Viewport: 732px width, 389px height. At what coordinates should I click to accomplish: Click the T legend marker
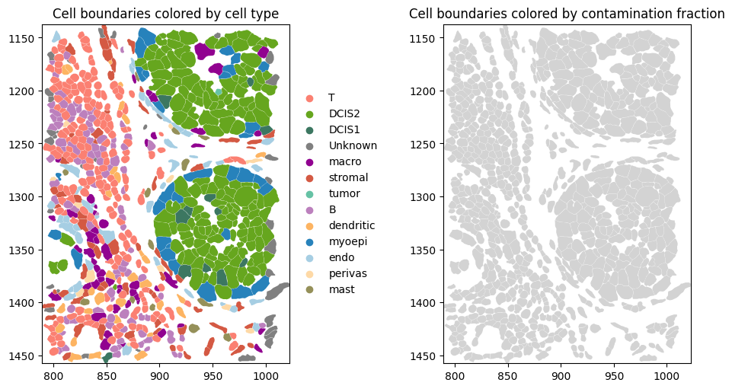pos(308,98)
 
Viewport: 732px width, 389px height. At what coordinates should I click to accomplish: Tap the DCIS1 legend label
pos(344,130)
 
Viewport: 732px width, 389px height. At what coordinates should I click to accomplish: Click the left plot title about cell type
pos(165,14)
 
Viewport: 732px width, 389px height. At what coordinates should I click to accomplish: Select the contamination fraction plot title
pos(567,14)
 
